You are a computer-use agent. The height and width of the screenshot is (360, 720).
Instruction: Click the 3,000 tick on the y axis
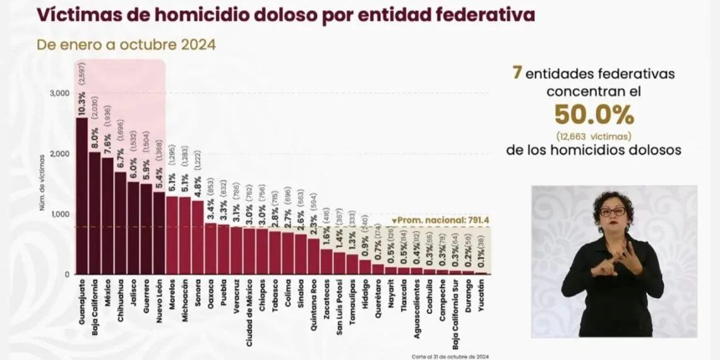59,93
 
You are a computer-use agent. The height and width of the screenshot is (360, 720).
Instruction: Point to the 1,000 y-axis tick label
59,214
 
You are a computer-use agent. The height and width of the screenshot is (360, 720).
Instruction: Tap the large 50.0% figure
594,115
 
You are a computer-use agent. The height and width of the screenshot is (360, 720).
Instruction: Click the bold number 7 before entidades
517,73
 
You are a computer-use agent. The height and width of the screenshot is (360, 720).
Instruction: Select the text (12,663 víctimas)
594,136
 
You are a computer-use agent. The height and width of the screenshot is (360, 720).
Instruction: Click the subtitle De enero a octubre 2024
126,45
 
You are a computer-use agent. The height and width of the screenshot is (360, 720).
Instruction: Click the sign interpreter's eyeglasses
612,212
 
